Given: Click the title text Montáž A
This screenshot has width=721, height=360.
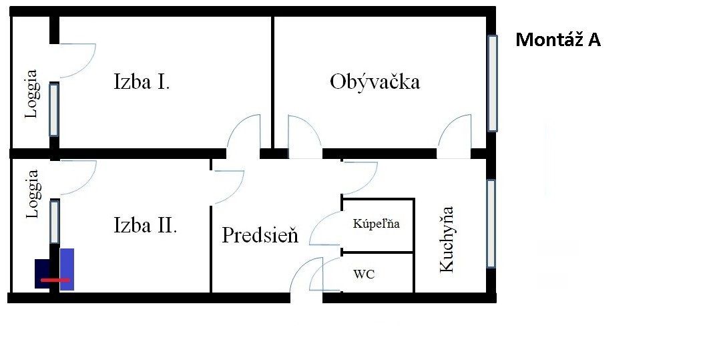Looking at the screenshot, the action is [557, 39].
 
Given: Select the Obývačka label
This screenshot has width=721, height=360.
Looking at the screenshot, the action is [375, 82].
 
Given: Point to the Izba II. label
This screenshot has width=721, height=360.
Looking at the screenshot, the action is [146, 226].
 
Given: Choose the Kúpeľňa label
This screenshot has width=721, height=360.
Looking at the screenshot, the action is [376, 224].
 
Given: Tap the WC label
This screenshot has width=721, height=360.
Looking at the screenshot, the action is [364, 275].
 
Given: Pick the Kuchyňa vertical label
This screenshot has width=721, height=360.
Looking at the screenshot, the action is [447, 239].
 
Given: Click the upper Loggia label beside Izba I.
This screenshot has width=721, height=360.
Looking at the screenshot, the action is [31, 94].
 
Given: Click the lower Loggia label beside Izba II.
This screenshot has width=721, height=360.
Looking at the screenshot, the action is [32, 194].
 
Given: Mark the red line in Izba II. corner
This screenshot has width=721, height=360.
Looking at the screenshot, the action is [55, 280].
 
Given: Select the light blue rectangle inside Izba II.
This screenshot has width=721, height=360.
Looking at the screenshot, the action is [67, 269].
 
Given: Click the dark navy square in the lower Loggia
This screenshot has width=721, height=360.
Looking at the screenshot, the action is [42, 274].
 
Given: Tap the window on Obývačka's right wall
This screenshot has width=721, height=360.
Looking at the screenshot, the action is [493, 83].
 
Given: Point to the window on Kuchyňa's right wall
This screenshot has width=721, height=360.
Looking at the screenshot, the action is [491, 224].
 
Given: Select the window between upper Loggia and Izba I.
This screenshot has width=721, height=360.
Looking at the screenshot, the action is [54, 110].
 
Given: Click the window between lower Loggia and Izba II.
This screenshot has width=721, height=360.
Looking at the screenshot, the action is [54, 222].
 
